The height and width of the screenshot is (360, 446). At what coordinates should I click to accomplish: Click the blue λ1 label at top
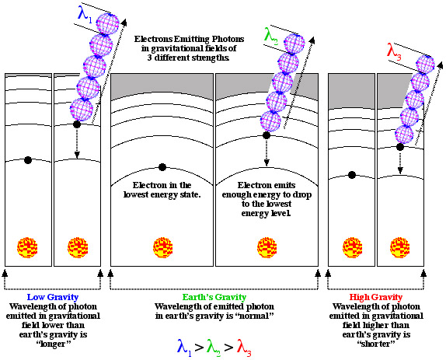coord(85,14)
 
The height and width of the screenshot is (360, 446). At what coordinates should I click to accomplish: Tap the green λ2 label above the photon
coord(270,37)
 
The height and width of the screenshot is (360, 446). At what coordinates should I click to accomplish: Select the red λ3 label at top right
coord(394,52)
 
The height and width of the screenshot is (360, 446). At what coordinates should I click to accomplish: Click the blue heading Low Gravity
coord(53,297)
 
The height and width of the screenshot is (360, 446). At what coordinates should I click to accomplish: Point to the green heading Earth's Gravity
coord(214,297)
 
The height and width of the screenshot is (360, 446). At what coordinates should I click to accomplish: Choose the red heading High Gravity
coord(376,297)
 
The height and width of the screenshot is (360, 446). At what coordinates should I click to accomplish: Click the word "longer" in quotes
coord(53,344)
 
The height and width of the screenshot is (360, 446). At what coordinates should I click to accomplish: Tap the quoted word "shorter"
coord(376,344)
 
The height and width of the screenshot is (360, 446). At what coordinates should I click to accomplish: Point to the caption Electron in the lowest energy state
coord(162,190)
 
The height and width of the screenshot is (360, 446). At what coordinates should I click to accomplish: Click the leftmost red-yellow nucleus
coord(27,247)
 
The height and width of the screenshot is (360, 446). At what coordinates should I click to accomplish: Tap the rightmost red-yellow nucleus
coord(399,247)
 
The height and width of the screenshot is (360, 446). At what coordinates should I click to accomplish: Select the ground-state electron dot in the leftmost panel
coord(28,160)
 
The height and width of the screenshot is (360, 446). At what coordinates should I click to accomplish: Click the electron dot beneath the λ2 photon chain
coord(267,135)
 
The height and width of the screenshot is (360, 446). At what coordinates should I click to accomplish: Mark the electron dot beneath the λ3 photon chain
coord(400,147)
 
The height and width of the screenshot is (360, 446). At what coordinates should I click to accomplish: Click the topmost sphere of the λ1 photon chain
coord(107,23)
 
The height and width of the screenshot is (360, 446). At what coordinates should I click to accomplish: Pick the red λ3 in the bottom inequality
coord(244,348)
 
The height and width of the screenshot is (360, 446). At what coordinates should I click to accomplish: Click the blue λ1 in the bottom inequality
coord(184,348)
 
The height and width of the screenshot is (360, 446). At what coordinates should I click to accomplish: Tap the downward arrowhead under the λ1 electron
coord(77,155)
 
